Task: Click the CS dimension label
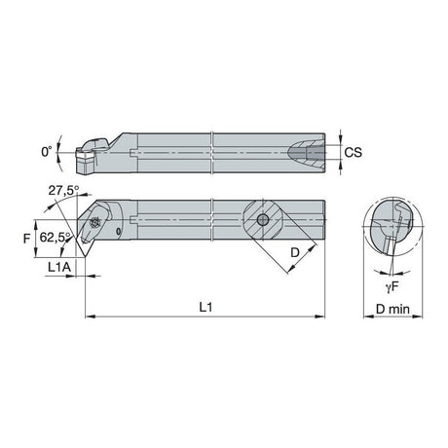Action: coord(353,152)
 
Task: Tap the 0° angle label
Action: coord(47,152)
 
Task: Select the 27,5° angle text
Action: coord(63,191)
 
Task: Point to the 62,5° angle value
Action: coord(55,237)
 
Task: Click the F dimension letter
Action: coord(26,239)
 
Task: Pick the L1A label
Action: coord(59,267)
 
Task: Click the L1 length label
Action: coord(205,307)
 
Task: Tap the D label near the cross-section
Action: coord(294,252)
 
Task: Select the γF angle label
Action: coord(392,287)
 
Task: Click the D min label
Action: coord(392,309)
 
